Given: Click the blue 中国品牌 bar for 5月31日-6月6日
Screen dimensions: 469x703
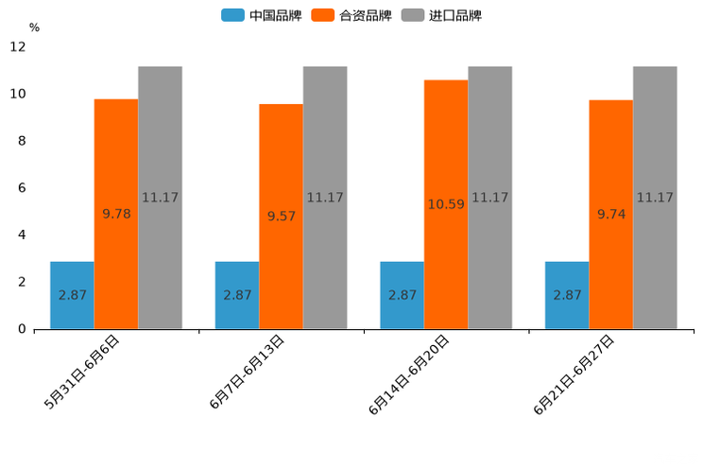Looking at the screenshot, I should coord(72,295).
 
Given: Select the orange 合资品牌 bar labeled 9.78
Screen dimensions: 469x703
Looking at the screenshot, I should coord(116,214).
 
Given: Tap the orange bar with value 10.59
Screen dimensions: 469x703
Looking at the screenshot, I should coord(446,204).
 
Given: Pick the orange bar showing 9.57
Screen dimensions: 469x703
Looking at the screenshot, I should coord(281,217).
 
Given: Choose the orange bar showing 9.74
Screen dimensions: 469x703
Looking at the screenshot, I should coord(610,215).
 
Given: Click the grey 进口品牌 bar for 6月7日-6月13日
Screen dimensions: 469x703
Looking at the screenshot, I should coord(325,198).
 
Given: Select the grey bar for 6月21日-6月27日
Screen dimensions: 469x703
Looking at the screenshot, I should coord(655,198).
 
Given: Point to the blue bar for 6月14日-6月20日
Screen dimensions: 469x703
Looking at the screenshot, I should coord(402,295).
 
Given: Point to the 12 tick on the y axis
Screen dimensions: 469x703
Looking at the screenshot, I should coord(18,47).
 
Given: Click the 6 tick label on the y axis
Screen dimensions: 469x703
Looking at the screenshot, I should coord(22,188).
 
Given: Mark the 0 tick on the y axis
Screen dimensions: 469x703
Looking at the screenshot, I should coord(22,329).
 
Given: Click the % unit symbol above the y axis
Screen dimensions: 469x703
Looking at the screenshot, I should coord(34,27).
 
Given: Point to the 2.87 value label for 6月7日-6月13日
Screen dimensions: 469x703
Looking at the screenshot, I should coord(237,295).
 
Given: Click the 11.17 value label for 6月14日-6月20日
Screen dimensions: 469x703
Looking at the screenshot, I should coord(489,198).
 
